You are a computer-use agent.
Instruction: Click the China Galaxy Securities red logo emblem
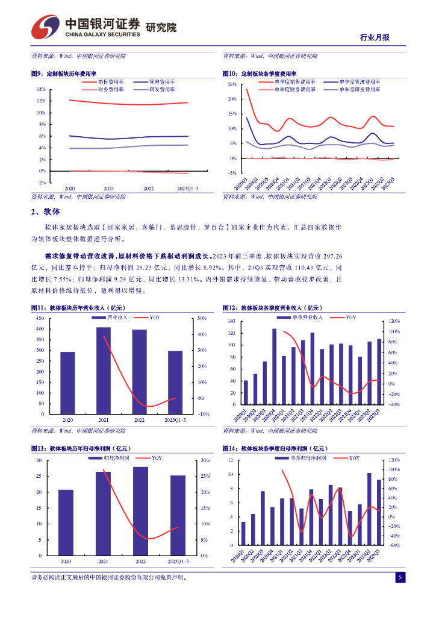pos(45,27)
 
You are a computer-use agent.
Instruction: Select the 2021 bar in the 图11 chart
pos(104,371)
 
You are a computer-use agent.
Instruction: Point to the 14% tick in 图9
pos(41,89)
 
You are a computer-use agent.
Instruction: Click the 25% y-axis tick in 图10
pos(232,84)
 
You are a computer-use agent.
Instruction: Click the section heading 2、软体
pos(46,211)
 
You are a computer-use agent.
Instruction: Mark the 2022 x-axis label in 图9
pos(148,188)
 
